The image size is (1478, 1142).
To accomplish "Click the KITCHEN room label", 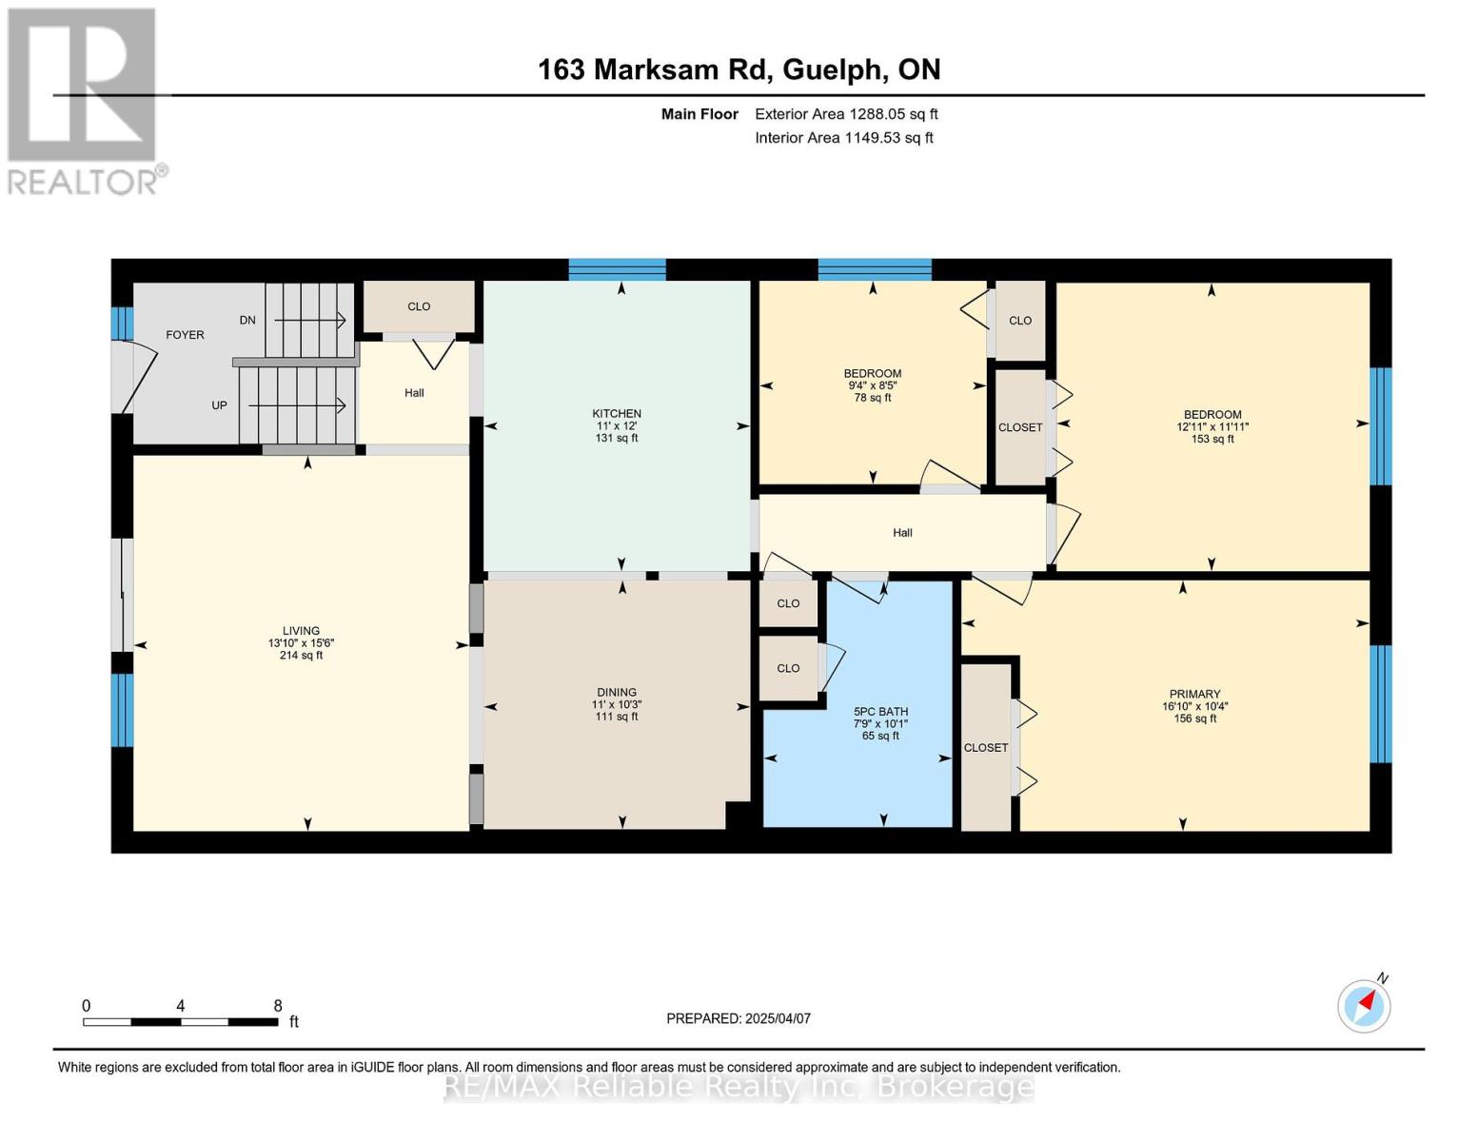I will click(617, 414).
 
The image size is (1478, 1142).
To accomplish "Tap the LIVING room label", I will click(301, 631).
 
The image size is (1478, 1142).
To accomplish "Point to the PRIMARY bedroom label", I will click(1194, 695).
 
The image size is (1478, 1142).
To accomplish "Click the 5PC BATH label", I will click(880, 712).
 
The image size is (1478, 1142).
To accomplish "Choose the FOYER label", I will click(185, 335).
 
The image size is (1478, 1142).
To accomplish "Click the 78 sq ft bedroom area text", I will click(873, 398).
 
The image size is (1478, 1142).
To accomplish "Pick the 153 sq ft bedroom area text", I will click(1212, 440).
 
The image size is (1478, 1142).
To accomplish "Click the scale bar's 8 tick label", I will click(278, 1006).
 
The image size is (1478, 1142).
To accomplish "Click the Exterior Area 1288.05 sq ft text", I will click(846, 114).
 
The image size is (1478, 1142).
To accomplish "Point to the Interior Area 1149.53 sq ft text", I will click(844, 138).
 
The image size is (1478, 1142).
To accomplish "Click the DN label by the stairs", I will click(247, 321).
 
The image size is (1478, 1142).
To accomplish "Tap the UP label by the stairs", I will click(219, 405).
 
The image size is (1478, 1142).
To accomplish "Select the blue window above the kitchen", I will click(617, 269).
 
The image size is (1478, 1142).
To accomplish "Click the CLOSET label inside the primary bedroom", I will click(985, 748).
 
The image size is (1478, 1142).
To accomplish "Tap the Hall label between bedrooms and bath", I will click(902, 533).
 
